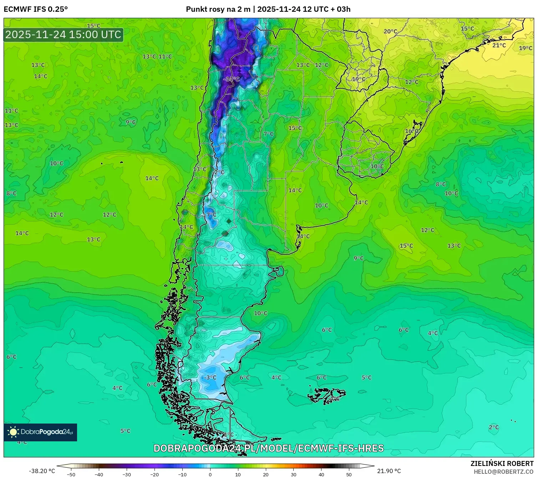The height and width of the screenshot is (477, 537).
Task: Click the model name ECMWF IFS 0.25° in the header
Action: tap(36, 9)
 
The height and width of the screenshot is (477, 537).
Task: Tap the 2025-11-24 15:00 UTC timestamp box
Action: tap(64, 35)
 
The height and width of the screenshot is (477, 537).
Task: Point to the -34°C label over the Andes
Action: tap(231, 79)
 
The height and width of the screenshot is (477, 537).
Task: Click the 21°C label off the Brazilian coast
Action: tap(499, 45)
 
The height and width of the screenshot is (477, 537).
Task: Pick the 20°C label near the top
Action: tap(390, 31)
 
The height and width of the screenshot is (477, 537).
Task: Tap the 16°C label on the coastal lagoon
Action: tap(411, 131)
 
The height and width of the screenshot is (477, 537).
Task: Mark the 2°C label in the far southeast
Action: tap(493, 427)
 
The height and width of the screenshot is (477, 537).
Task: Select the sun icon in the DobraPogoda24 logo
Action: tap(13, 432)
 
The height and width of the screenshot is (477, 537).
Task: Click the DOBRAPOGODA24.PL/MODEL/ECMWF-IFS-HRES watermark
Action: tap(268, 448)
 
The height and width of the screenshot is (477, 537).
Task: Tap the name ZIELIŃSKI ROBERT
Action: tap(502, 463)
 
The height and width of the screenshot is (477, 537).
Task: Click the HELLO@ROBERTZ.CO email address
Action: tap(503, 472)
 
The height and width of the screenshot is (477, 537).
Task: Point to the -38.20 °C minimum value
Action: tap(42, 471)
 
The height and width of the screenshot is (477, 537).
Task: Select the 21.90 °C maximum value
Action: tap(389, 471)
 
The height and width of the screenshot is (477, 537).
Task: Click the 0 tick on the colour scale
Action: tap(210, 474)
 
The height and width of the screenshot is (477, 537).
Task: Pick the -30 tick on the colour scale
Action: tap(126, 474)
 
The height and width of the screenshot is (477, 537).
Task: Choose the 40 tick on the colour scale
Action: tap(321, 474)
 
